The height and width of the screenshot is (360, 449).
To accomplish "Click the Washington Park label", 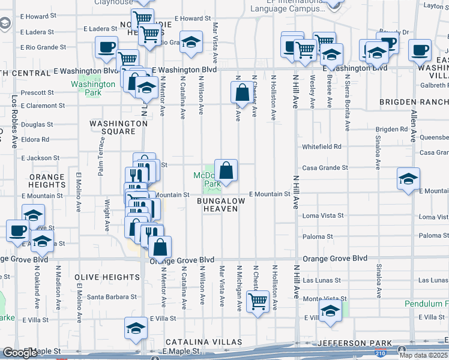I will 92,88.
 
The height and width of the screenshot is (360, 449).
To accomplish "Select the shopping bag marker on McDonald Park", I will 226,171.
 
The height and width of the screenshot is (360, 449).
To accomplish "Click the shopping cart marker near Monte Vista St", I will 258,302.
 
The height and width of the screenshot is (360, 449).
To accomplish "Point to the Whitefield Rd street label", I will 321,146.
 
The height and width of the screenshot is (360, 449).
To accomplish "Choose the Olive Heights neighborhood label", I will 107,277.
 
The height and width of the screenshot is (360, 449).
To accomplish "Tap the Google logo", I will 20,353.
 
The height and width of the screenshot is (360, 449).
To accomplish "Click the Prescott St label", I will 37,93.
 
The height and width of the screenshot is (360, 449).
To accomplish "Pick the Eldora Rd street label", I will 35,139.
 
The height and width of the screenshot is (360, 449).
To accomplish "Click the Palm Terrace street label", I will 101,156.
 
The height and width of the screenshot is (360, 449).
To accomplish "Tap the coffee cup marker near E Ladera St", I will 106,47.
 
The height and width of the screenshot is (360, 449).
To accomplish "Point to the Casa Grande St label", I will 325,168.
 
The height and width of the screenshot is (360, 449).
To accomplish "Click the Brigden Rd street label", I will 391,129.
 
